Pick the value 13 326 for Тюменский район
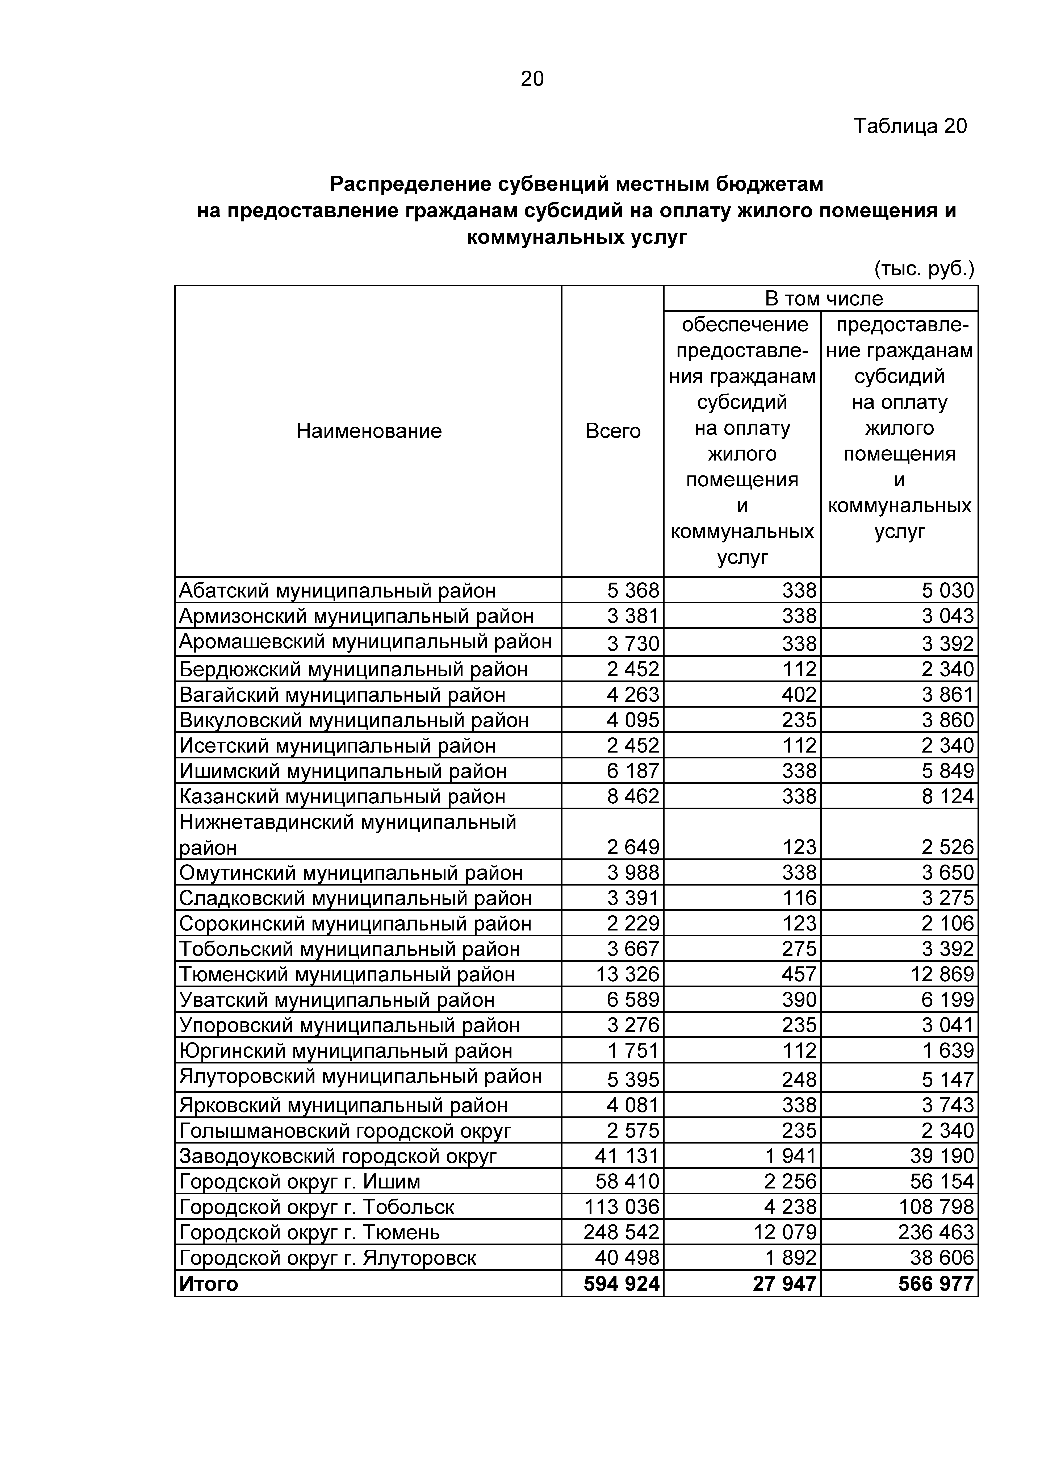627,975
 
